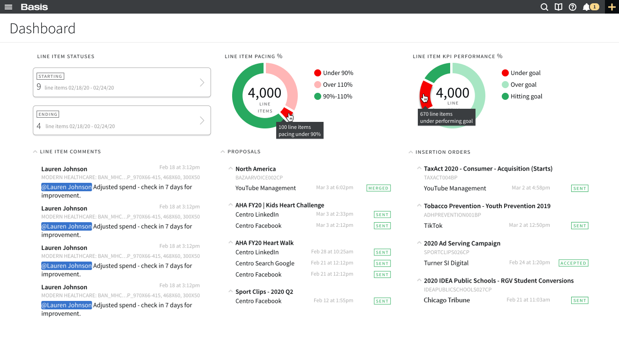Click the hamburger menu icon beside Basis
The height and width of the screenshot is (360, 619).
coord(8,7)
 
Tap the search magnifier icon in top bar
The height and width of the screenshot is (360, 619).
coord(544,7)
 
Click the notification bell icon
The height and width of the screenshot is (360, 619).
coord(586,7)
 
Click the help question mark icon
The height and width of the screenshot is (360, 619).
coord(572,7)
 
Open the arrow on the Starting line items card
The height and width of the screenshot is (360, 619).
coord(202,82)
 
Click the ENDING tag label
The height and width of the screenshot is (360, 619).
coord(48,114)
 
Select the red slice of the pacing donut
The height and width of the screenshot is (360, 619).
coord(287,113)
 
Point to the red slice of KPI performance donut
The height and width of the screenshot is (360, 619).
coord(425,96)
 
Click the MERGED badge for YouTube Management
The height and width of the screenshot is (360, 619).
coord(378,188)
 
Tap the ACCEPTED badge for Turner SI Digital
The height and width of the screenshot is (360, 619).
coord(573,263)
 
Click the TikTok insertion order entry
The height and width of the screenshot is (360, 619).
coord(433,225)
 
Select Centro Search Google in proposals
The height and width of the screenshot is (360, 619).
coord(265,263)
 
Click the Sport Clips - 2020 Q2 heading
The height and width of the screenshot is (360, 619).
coord(264,292)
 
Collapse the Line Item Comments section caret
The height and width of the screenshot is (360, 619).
coord(35,152)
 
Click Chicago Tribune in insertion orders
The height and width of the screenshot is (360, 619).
coord(446,300)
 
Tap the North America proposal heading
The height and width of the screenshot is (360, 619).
coord(256,169)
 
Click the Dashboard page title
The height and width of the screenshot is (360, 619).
coord(43,29)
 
